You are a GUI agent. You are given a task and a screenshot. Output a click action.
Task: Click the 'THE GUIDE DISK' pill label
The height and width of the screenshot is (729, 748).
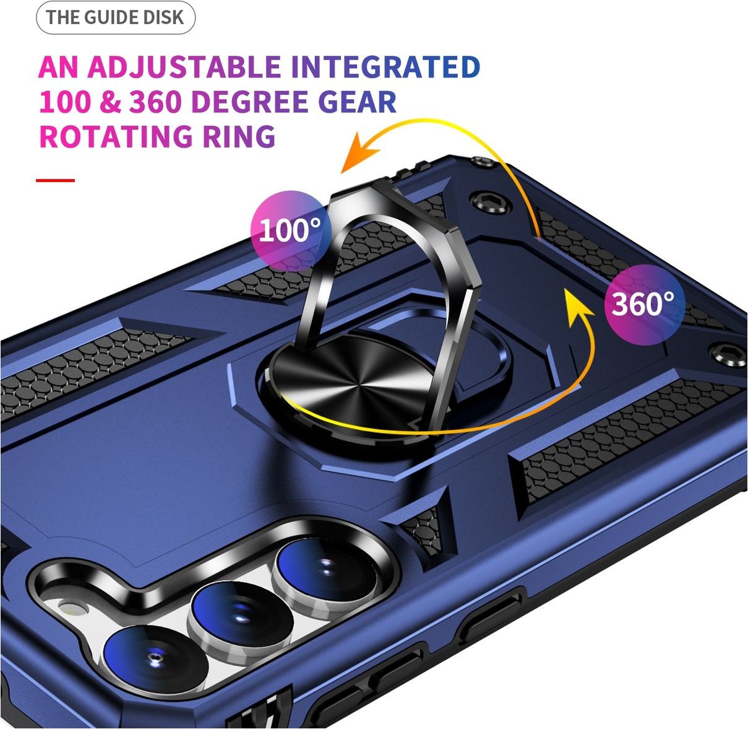click(x=115, y=17)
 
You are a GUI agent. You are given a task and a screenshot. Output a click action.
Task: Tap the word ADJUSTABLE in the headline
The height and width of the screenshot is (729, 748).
click(x=184, y=67)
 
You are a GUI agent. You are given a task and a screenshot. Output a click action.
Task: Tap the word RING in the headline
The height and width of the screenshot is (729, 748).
click(x=239, y=136)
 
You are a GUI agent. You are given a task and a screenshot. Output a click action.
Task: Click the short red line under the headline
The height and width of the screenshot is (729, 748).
click(x=55, y=180)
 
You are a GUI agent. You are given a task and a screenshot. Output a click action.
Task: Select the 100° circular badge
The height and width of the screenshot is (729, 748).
click(x=291, y=231)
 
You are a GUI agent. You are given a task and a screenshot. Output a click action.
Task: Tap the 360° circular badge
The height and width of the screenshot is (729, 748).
click(x=645, y=305)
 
